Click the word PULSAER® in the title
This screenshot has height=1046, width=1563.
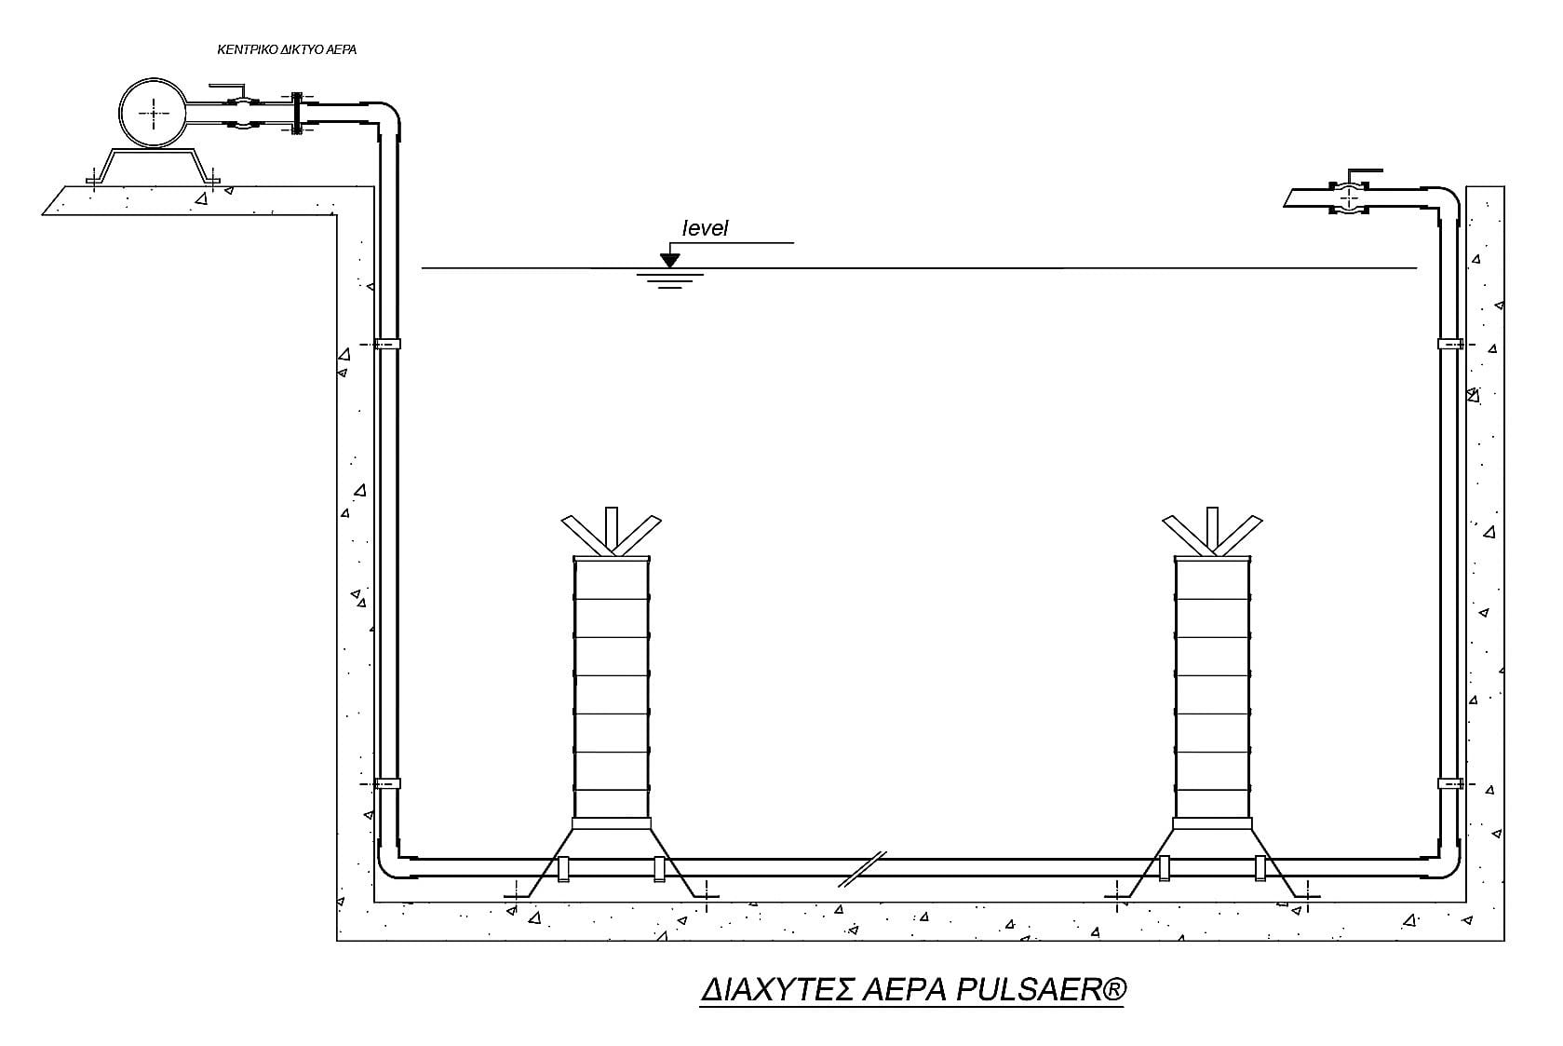[1041, 989]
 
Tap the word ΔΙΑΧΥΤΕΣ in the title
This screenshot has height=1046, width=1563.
[777, 990]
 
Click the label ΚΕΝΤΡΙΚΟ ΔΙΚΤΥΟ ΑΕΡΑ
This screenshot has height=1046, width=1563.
[287, 49]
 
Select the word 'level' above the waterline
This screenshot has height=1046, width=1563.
[705, 227]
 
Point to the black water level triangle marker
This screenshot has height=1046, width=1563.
[670, 260]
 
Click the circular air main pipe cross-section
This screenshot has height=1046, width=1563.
[153, 113]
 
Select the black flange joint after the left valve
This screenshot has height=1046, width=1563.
[297, 113]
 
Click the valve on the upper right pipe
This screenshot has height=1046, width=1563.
[1349, 196]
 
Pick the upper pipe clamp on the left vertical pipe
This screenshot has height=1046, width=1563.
[386, 345]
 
